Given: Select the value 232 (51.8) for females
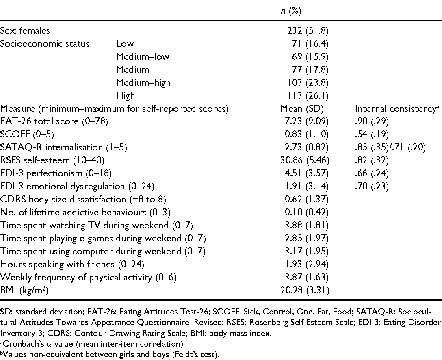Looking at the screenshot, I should (x=308, y=30).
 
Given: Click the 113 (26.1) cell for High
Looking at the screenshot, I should (x=308, y=96).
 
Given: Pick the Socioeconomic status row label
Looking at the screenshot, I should (x=45, y=43).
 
